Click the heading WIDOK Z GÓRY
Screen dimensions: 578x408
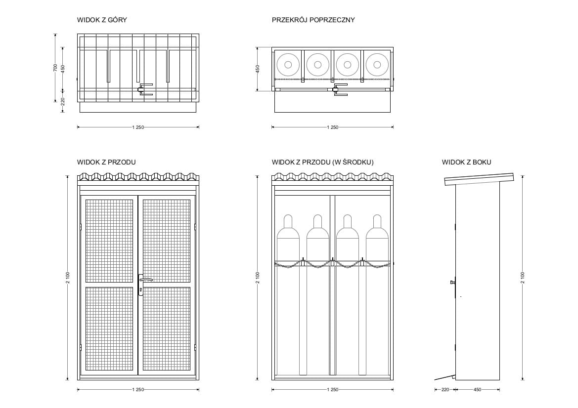coord(102,20)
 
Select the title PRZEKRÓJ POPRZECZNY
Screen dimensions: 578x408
coord(313,20)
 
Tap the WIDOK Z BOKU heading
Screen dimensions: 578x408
coord(466,162)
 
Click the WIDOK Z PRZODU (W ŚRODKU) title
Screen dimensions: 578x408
coord(322,162)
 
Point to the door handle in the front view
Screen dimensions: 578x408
coord(144,281)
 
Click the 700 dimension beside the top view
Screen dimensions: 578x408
coord(55,68)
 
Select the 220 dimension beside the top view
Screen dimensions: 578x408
coord(63,100)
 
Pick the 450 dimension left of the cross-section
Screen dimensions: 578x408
coord(257,69)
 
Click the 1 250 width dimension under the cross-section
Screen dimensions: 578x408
coord(332,127)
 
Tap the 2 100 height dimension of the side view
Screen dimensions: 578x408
coord(523,278)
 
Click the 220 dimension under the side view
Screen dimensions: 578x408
coord(445,390)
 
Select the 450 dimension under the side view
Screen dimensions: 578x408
coord(477,390)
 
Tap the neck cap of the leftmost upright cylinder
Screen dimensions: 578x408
coord(288,220)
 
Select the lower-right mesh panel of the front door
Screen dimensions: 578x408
coord(167,329)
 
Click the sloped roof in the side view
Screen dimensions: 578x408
coord(479,179)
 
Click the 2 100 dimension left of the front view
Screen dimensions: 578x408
coord(67,278)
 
